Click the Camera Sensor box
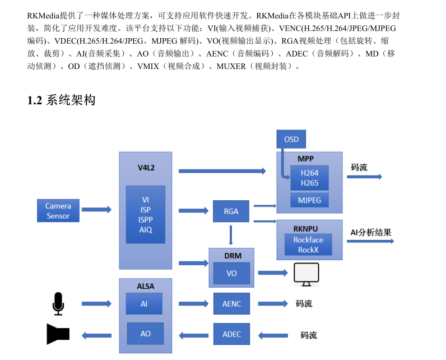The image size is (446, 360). (x=58, y=211)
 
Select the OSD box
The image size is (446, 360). (x=291, y=139)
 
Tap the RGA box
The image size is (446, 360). (x=231, y=211)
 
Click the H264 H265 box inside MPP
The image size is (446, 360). (x=309, y=178)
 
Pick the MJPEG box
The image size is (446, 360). (x=309, y=200)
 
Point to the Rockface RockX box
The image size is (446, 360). (x=308, y=244)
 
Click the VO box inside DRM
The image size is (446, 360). (x=231, y=273)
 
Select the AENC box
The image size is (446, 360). (x=231, y=303)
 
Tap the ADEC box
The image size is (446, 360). (x=231, y=334)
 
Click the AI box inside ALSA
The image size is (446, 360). (x=144, y=303)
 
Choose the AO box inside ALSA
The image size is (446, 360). (x=145, y=334)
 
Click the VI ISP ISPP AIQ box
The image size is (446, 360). (x=145, y=214)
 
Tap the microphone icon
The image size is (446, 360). (x=58, y=303)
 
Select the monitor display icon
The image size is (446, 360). (x=306, y=274)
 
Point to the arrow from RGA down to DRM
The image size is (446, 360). (x=231, y=234)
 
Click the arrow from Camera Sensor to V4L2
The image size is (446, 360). (x=96, y=210)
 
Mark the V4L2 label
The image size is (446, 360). (x=145, y=167)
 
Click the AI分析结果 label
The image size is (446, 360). (x=371, y=232)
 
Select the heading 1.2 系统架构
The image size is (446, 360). (x=62, y=100)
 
